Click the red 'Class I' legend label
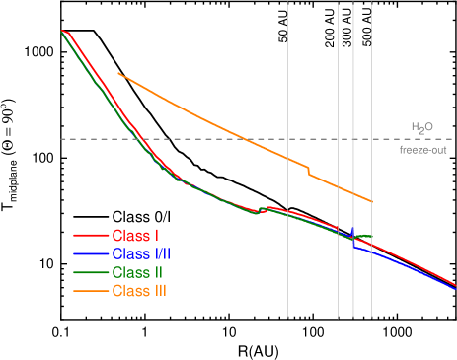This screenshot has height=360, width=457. point(136,236)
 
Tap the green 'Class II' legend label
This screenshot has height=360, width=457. point(137,272)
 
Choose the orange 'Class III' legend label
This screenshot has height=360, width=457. point(139,291)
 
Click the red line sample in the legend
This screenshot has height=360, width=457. point(90,236)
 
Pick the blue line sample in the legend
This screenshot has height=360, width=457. point(90,253)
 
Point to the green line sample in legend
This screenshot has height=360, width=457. point(90,272)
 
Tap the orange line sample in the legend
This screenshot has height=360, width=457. point(90,291)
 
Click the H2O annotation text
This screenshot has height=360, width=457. point(421,127)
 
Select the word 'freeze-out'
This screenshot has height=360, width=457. point(422,150)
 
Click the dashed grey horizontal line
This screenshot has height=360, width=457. point(197,139)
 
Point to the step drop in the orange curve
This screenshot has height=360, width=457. point(309,171)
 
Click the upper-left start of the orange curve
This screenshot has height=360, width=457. point(118,73)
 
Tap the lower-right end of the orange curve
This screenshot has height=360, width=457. point(372,201)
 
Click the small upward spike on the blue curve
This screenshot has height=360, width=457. point(352,230)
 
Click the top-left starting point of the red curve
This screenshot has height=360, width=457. point(62,31)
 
